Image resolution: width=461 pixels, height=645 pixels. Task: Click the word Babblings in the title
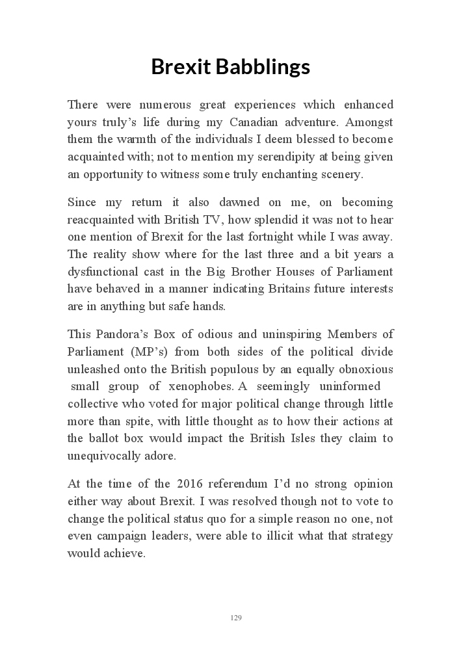point(262,66)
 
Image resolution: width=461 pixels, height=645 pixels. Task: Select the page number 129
point(236,617)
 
